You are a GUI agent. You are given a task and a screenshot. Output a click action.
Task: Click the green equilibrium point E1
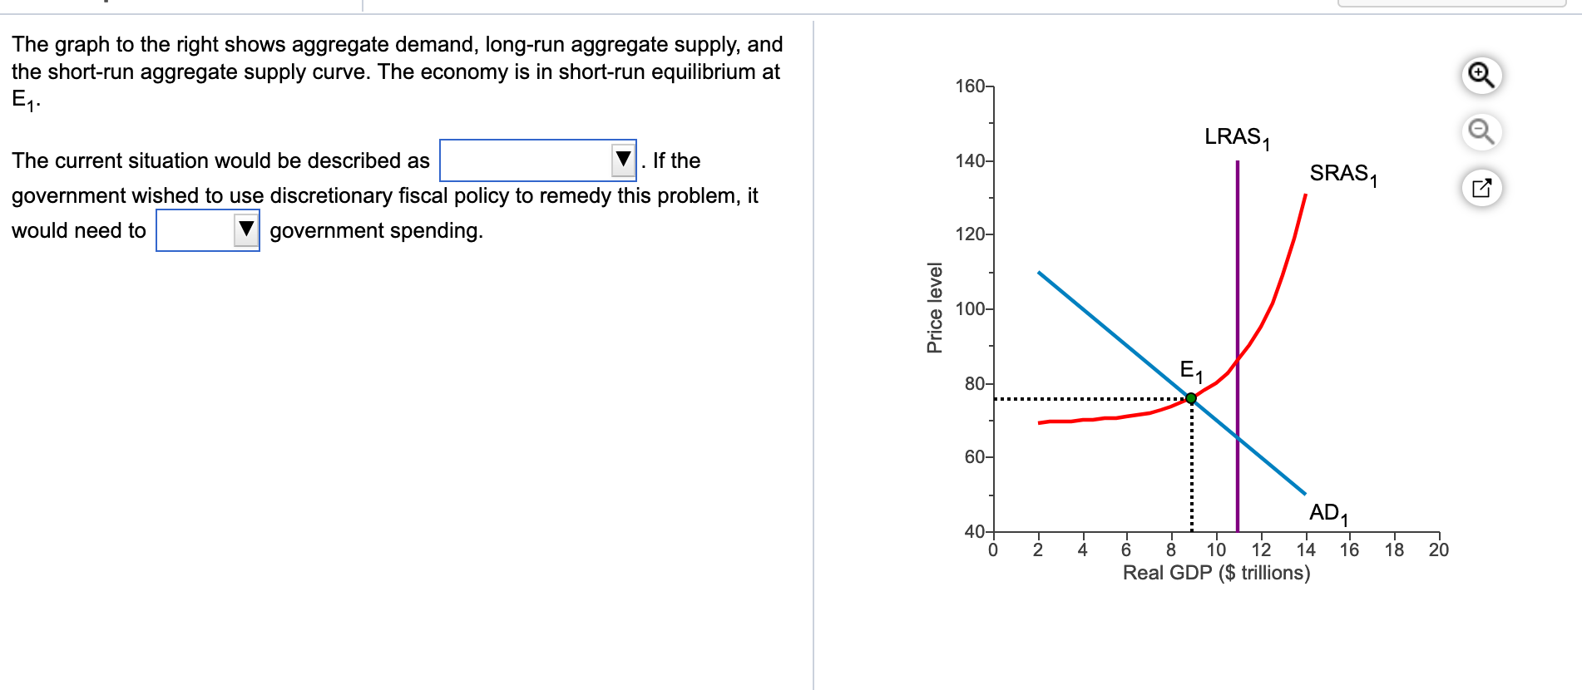1191,399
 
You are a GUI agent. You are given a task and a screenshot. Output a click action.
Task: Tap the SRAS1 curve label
1342,175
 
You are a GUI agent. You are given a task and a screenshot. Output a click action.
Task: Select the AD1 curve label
1328,514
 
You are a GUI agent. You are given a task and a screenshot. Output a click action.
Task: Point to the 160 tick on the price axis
971,86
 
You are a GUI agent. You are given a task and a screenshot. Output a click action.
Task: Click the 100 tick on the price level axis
971,309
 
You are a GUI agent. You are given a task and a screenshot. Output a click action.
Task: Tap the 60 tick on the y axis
975,457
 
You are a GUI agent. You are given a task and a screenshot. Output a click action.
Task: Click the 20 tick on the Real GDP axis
1439,550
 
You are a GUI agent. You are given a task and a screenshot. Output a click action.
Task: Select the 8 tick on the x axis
1171,550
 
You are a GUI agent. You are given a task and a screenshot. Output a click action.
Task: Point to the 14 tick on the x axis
1306,550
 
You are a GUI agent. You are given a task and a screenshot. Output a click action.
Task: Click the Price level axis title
935,308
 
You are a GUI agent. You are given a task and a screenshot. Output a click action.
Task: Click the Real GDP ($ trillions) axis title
1216,573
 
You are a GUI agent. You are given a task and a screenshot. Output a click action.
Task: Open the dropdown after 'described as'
538,160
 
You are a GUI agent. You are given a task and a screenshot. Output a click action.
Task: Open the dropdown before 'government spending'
208,230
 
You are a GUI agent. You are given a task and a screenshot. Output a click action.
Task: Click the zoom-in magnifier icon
1481,76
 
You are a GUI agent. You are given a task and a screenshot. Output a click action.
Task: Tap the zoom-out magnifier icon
1481,131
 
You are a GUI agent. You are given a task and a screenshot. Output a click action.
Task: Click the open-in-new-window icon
1481,188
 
